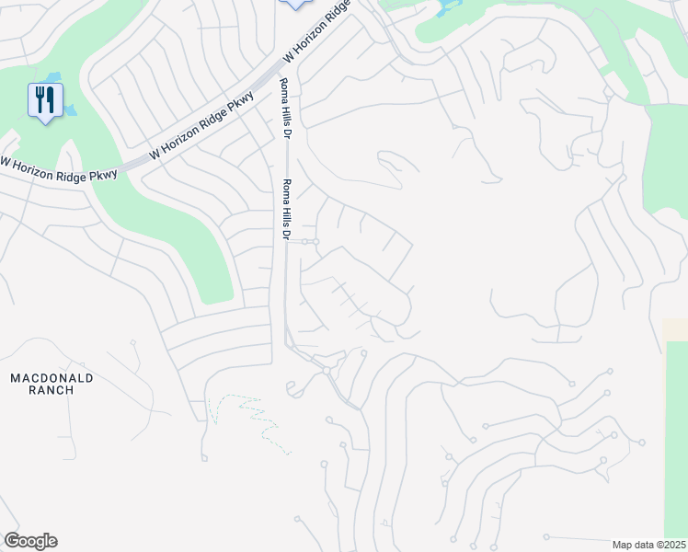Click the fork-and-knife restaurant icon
click(44, 99)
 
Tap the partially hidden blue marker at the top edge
click(294, 4)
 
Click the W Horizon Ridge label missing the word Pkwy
click(317, 30)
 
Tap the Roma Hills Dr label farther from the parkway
click(286, 209)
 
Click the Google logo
click(30, 541)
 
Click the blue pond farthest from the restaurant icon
click(451, 7)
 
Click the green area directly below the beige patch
click(676, 432)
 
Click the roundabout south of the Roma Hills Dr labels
click(327, 369)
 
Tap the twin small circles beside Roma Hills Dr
click(310, 241)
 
